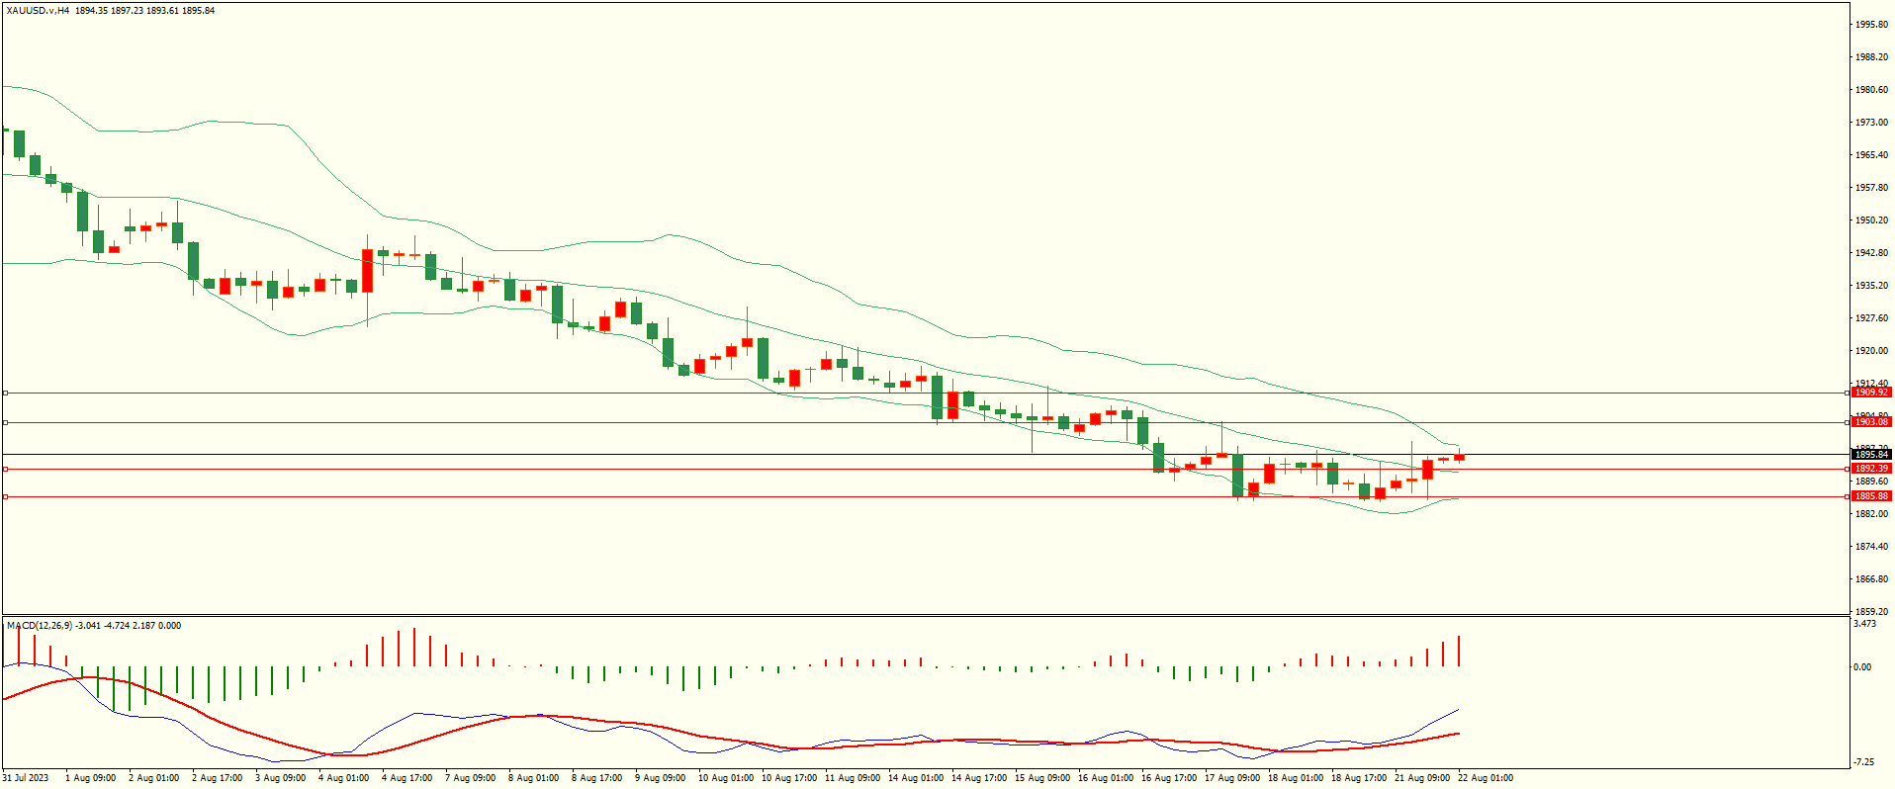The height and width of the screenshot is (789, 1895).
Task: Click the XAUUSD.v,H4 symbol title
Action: pos(38,11)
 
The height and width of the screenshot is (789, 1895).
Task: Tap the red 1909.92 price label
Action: pos(1870,393)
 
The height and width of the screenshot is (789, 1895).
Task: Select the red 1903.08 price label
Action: pos(1870,422)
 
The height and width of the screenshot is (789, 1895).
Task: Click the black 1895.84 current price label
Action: pos(1870,455)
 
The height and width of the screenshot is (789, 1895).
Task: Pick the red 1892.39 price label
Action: pos(1870,469)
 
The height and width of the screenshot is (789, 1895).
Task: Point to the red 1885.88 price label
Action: pos(1870,496)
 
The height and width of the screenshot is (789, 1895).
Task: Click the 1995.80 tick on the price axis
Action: pos(1871,25)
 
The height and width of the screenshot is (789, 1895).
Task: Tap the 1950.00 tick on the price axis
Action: pos(1871,220)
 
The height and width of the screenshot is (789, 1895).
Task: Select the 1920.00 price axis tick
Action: pos(1871,351)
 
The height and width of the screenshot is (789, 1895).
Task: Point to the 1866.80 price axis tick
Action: pos(1871,579)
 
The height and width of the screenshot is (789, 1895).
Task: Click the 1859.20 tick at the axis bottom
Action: pos(1871,612)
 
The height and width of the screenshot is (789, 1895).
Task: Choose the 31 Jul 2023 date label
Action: pos(26,778)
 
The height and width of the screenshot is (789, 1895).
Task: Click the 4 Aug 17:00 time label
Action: pos(406,778)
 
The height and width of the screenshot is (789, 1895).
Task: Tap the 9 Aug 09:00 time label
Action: pos(660,778)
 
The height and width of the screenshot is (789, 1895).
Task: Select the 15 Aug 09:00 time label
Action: pos(1041,778)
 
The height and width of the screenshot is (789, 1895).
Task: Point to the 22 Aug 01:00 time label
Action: pos(1485,778)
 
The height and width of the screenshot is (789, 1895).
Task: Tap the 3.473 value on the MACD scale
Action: pos(1864,624)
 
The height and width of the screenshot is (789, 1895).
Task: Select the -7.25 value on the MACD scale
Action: pos(1863,762)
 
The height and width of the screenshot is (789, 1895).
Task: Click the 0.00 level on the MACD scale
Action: pos(1861,667)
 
